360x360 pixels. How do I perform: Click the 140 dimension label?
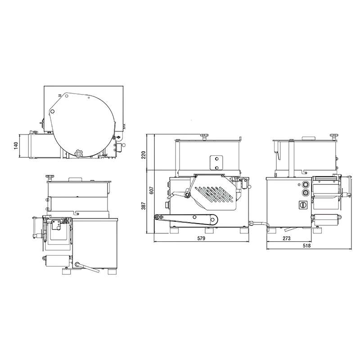[x=16, y=145]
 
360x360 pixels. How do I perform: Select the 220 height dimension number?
[x=144, y=155]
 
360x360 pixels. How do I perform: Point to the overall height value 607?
[x=152, y=190]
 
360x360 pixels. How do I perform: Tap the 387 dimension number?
[x=144, y=206]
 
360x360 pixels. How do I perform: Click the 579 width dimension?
[x=201, y=238]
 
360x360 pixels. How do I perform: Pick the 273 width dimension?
[x=287, y=238]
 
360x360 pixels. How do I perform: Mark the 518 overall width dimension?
[x=306, y=246]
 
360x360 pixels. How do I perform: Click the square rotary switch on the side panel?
[x=303, y=205]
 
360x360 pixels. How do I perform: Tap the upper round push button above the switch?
[x=306, y=184]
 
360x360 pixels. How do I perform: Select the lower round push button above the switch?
[x=306, y=193]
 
